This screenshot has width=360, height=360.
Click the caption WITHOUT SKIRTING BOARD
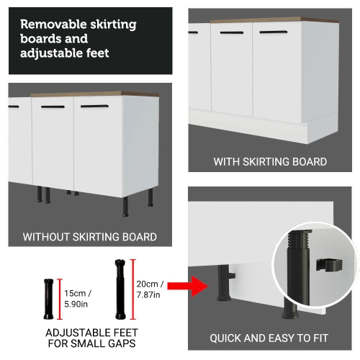(x=90, y=236)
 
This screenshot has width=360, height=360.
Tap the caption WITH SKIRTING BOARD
(x=270, y=162)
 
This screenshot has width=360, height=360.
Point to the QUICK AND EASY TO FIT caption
(x=270, y=338)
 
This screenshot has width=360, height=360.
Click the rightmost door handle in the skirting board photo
(x=275, y=32)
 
